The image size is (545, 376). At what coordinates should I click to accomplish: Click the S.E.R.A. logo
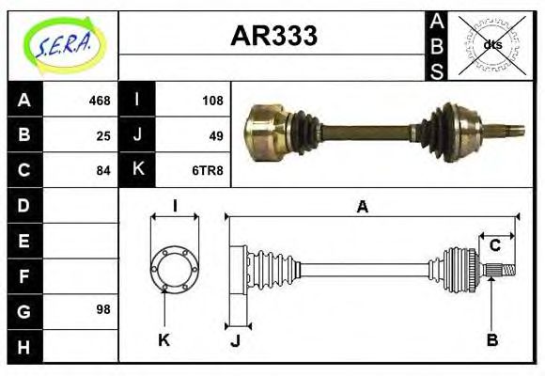[63, 45]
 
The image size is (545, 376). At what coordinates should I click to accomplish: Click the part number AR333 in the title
[273, 37]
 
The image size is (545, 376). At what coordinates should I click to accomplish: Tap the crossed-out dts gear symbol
[491, 45]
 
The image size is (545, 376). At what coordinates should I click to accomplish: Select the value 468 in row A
[100, 101]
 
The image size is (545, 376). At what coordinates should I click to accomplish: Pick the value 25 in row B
[103, 135]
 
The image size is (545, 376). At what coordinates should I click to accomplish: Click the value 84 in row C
[103, 170]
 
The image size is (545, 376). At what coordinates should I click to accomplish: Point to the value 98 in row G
[103, 309]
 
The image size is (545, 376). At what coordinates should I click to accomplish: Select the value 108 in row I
[212, 101]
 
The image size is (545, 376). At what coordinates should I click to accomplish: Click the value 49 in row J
[215, 135]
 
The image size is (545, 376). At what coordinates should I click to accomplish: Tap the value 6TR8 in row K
[208, 170]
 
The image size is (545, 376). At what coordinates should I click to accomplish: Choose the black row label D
[24, 205]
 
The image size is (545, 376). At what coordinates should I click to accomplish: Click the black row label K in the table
[137, 170]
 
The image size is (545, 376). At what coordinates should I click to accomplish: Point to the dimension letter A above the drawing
[362, 207]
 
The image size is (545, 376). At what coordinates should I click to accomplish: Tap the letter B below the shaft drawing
[491, 339]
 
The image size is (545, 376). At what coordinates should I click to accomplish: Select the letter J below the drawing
[235, 339]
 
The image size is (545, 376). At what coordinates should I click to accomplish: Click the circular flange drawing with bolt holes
[175, 268]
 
